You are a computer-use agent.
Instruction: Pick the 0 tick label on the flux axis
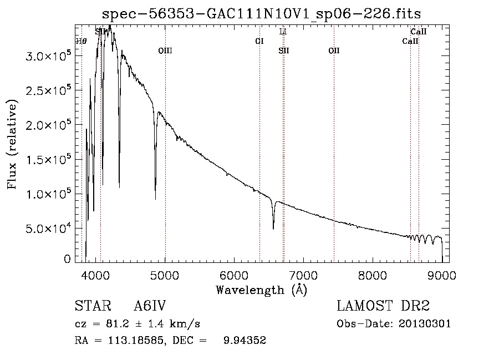pyautogui.click(x=67, y=259)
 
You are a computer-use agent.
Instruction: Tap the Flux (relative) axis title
pyautogui.click(x=12, y=144)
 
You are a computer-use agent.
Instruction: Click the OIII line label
pyautogui.click(x=165, y=50)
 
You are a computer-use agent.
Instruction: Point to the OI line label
pyautogui.click(x=259, y=41)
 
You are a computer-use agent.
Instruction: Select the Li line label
pyautogui.click(x=283, y=32)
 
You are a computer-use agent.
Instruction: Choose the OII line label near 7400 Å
pyautogui.click(x=333, y=50)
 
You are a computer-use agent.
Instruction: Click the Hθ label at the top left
pyautogui.click(x=82, y=41)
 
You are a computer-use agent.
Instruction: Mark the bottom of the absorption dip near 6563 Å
pyautogui.click(x=273, y=228)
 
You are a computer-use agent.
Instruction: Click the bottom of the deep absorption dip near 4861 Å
pyautogui.click(x=155, y=198)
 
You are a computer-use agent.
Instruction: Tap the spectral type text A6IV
pyautogui.click(x=150, y=306)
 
